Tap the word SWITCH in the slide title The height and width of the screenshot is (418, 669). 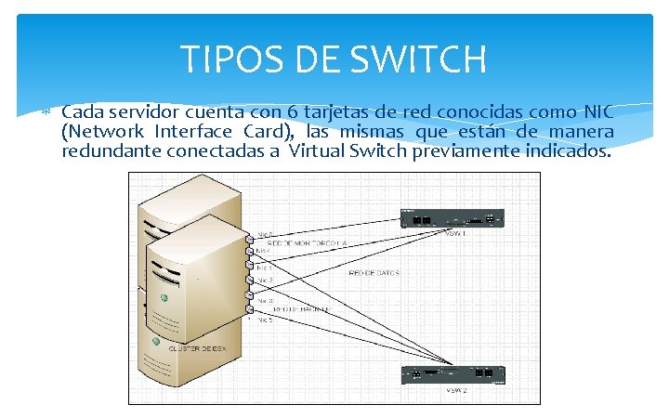[x=417, y=60]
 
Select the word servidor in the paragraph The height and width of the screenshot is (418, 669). [x=138, y=113]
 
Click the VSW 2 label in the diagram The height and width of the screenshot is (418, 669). [x=458, y=391]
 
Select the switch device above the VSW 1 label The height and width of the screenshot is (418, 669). [x=451, y=218]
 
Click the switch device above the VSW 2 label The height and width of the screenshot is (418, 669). [x=452, y=374]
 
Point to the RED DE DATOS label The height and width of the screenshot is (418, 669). [x=374, y=273]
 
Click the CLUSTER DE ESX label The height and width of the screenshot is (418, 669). [x=197, y=347]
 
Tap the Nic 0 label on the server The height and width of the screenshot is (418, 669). [x=265, y=234]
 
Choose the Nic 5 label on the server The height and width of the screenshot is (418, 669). [x=265, y=319]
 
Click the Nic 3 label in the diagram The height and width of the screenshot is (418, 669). [x=265, y=301]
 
